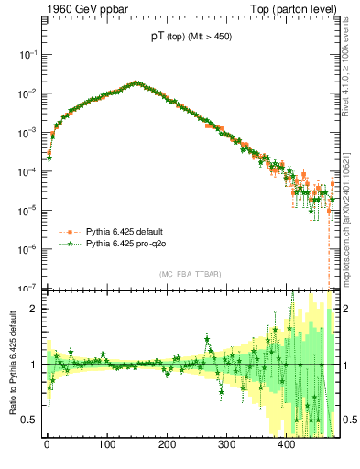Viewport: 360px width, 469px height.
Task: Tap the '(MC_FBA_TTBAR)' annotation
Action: point(190,275)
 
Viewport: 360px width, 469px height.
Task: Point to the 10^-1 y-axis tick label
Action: point(27,55)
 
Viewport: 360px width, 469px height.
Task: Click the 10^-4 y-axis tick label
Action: point(27,171)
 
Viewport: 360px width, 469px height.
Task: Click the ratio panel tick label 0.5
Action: point(29,420)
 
